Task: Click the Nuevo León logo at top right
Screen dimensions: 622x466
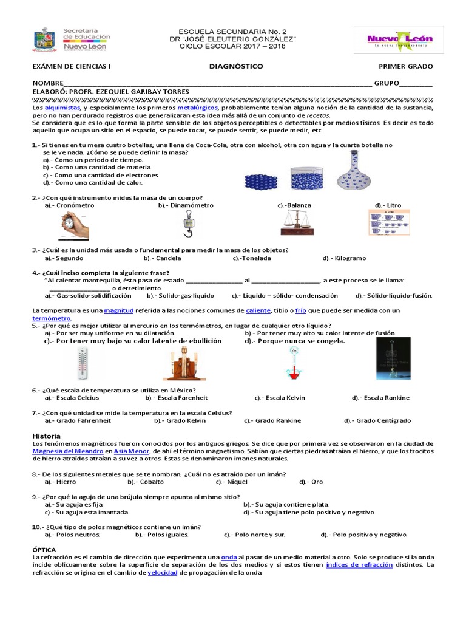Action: point(399,40)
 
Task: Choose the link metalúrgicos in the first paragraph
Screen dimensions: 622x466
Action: point(197,108)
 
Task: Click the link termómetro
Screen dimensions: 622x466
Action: point(52,318)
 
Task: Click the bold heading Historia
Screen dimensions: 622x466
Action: point(46,436)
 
